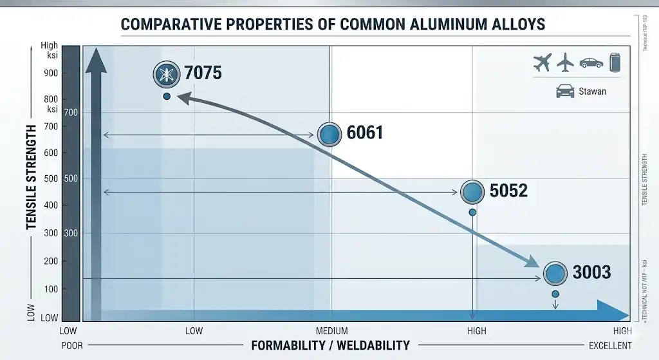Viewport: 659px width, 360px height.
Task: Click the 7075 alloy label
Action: point(203,73)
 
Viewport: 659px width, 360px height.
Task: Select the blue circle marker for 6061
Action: point(329,134)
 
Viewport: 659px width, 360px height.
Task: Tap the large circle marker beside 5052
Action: point(472,191)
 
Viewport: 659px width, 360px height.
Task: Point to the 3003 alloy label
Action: point(591,272)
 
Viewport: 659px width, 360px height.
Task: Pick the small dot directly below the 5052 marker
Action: point(472,213)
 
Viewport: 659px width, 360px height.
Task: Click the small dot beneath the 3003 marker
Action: point(555,294)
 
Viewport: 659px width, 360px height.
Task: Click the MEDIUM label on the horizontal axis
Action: point(331,331)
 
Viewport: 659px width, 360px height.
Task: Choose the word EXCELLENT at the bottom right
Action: point(610,345)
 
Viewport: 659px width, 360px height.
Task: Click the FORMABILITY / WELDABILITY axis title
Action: point(330,345)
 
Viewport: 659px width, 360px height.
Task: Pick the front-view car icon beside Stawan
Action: point(565,91)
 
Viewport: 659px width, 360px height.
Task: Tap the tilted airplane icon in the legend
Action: point(543,62)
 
